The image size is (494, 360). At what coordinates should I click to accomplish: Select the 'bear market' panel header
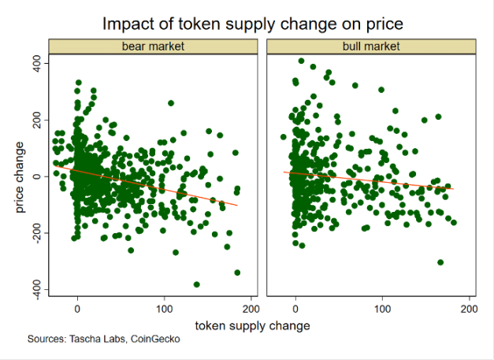click(x=153, y=46)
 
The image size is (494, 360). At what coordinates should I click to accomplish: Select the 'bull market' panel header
click(x=372, y=46)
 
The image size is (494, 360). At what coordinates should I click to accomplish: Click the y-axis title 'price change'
click(x=22, y=176)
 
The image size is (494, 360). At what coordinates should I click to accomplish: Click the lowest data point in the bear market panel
click(x=196, y=284)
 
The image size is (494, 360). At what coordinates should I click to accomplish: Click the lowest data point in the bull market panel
click(x=440, y=262)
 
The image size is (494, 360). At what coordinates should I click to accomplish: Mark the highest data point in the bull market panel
click(x=301, y=61)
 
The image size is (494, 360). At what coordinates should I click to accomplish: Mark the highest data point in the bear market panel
click(x=78, y=82)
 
